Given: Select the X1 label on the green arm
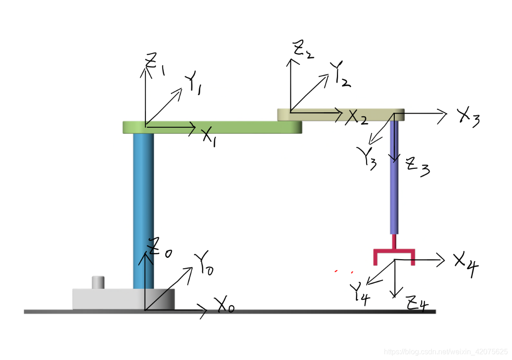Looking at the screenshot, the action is tap(209, 136).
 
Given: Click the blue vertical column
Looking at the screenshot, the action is tap(143, 210).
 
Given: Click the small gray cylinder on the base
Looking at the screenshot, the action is tap(98, 282).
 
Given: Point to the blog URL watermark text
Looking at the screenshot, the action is tap(445, 352).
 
